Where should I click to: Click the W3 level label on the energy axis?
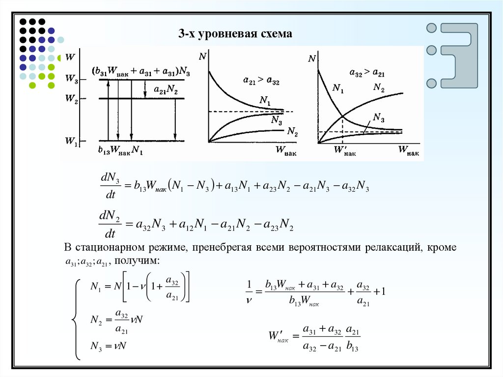point(71,78)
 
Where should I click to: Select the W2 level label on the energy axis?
point(71,98)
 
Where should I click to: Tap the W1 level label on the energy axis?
point(71,142)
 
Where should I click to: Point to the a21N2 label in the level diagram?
point(166,90)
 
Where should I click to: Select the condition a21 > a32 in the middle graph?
point(261,80)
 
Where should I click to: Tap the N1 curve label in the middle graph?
point(265,101)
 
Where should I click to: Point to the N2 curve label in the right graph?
point(378,87)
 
